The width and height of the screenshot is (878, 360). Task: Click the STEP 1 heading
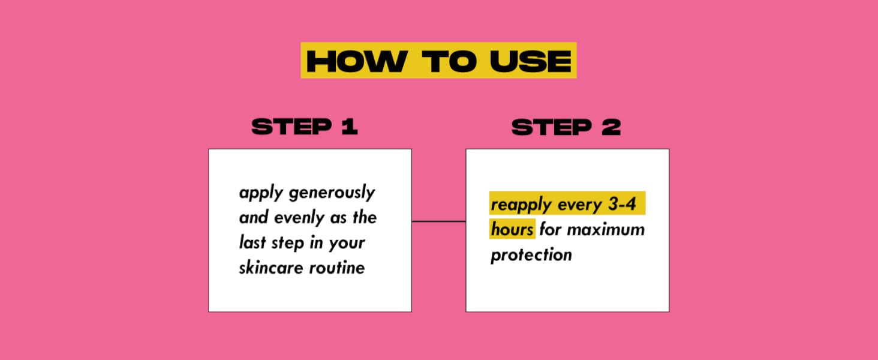[x=305, y=127]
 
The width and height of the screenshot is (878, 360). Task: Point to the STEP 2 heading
[x=566, y=127]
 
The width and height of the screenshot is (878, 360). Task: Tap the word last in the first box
[x=251, y=242]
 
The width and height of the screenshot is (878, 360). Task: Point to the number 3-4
[x=622, y=204]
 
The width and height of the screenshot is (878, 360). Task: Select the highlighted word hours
[x=512, y=229]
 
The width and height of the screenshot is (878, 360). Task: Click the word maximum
[x=606, y=229]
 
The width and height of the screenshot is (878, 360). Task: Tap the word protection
[x=531, y=255]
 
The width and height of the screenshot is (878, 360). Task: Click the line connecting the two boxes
[x=438, y=221]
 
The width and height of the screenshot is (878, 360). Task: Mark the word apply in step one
[x=261, y=193]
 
